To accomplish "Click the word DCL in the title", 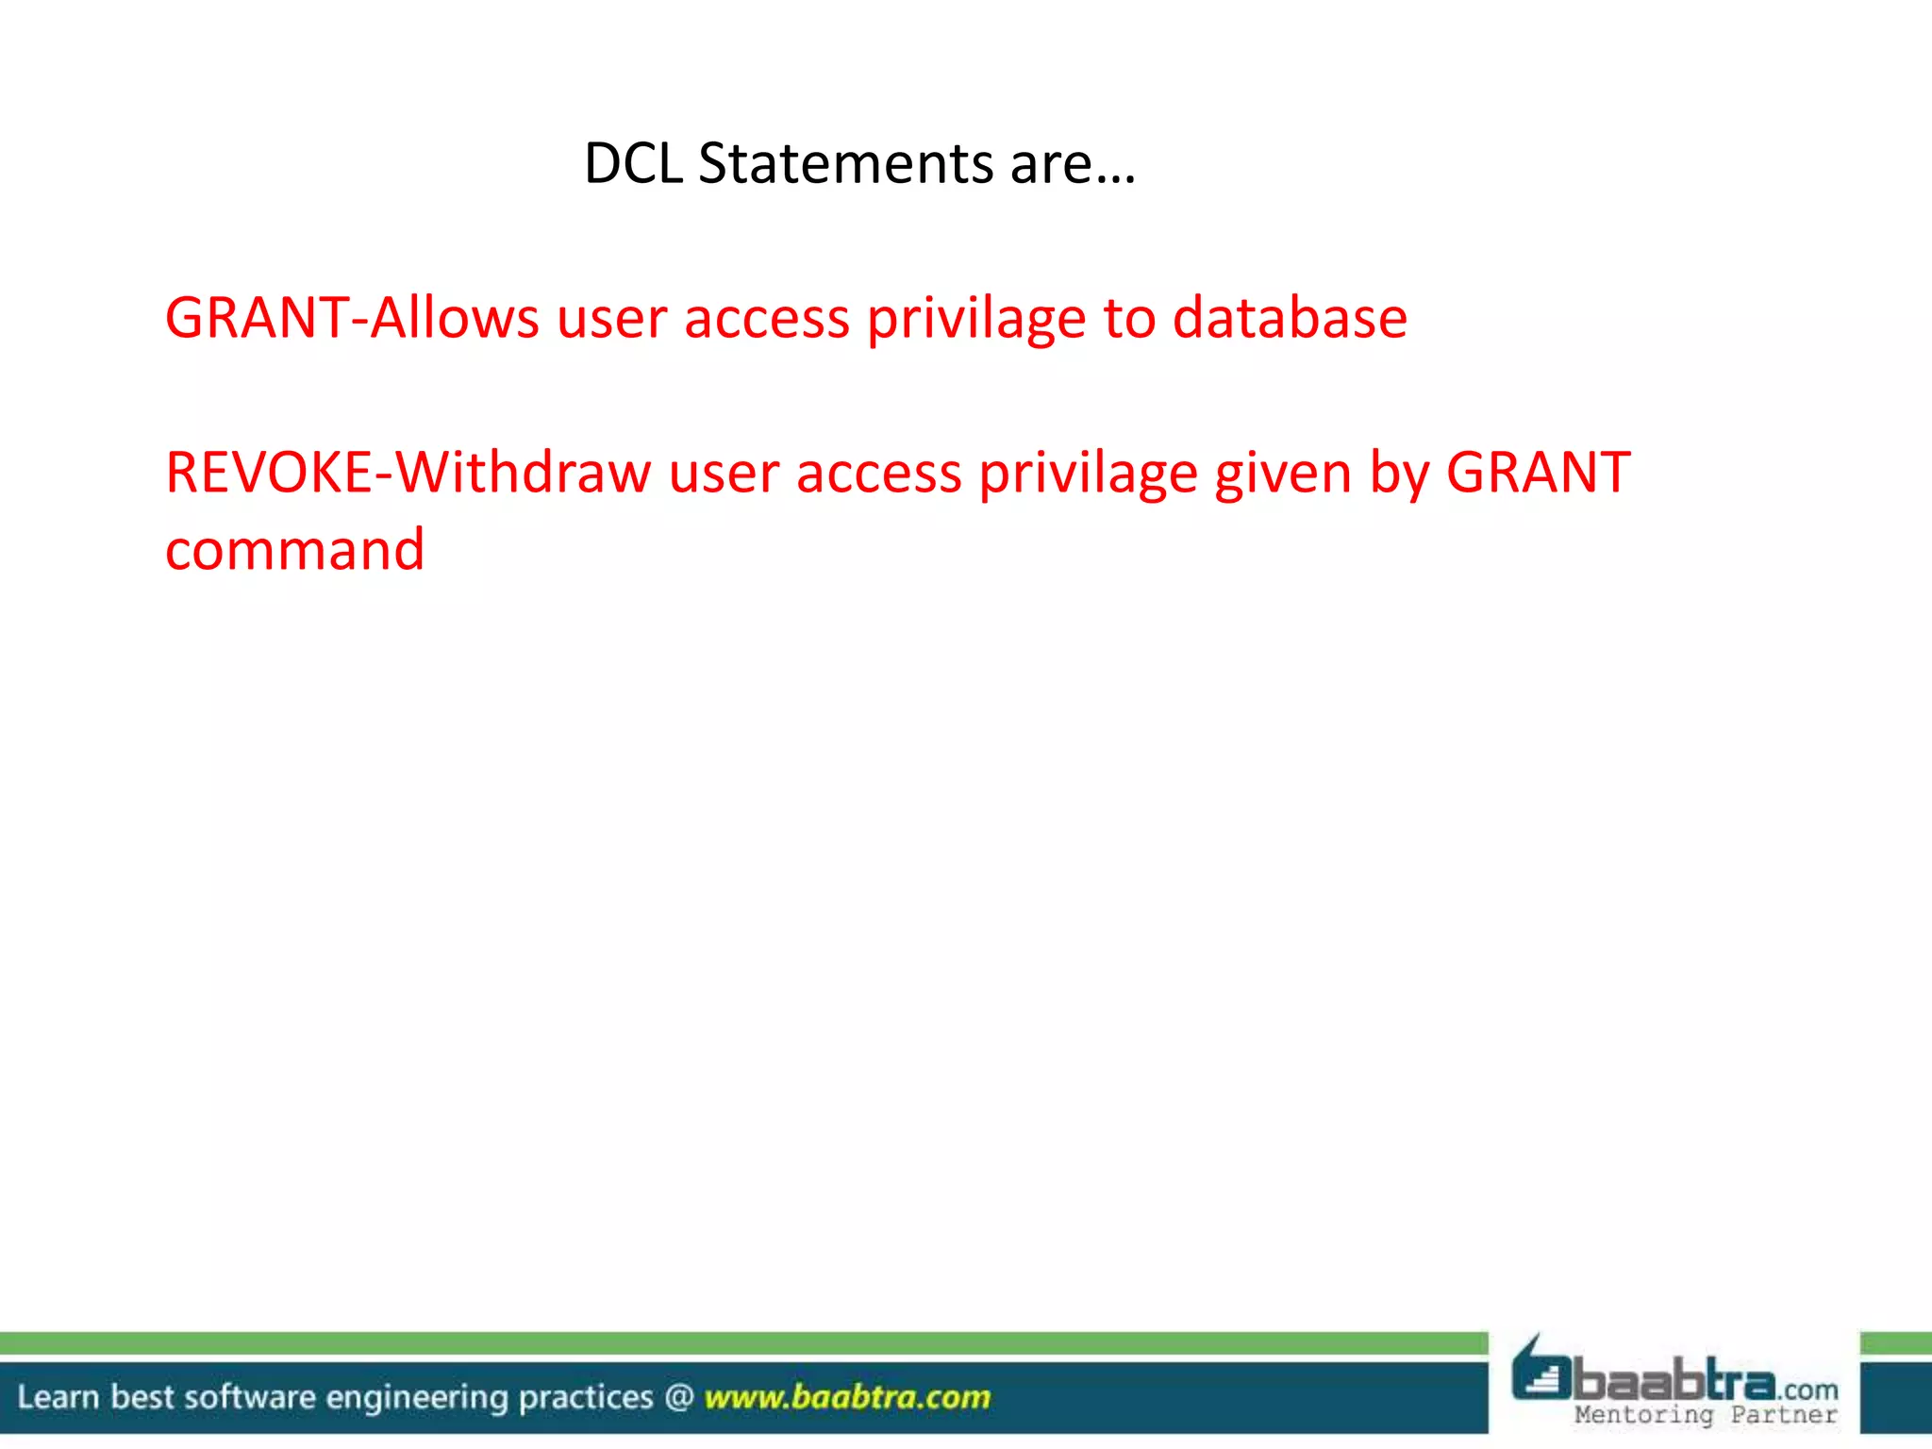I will point(633,163).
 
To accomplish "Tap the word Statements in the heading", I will point(846,163).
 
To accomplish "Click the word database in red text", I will point(1290,317).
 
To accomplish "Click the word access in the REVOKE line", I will point(878,472).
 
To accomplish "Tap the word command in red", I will point(295,549).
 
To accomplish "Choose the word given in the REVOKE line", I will point(1283,474).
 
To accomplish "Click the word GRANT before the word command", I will point(1538,472).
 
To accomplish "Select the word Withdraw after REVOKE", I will point(523,472).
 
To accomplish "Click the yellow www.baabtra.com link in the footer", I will point(847,1396).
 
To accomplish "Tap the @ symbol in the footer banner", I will point(679,1396).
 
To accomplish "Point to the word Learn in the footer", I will point(58,1396).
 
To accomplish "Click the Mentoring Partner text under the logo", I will point(1706,1415).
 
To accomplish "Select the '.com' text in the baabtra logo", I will point(1808,1390).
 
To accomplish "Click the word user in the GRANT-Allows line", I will point(611,319).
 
